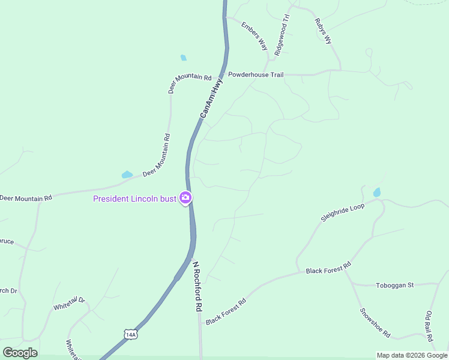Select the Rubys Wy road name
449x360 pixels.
point(323,31)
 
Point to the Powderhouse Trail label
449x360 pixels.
point(255,75)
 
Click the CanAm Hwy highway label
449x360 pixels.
point(211,99)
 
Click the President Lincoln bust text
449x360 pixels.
point(134,199)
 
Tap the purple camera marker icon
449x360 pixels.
point(186,197)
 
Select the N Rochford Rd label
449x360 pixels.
point(196,285)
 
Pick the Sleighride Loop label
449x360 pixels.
point(342,212)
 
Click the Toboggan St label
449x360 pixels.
point(394,286)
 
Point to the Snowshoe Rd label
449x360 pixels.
point(375,323)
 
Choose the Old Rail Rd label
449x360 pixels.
point(430,323)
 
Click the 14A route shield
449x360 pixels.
point(131,334)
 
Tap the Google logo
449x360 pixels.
point(20,353)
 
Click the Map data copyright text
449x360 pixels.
point(412,355)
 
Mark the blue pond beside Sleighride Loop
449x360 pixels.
point(376,193)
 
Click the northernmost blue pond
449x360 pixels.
point(183,58)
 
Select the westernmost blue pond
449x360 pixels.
point(127,175)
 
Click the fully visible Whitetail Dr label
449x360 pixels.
point(70,304)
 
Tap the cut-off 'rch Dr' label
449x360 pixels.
point(8,291)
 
